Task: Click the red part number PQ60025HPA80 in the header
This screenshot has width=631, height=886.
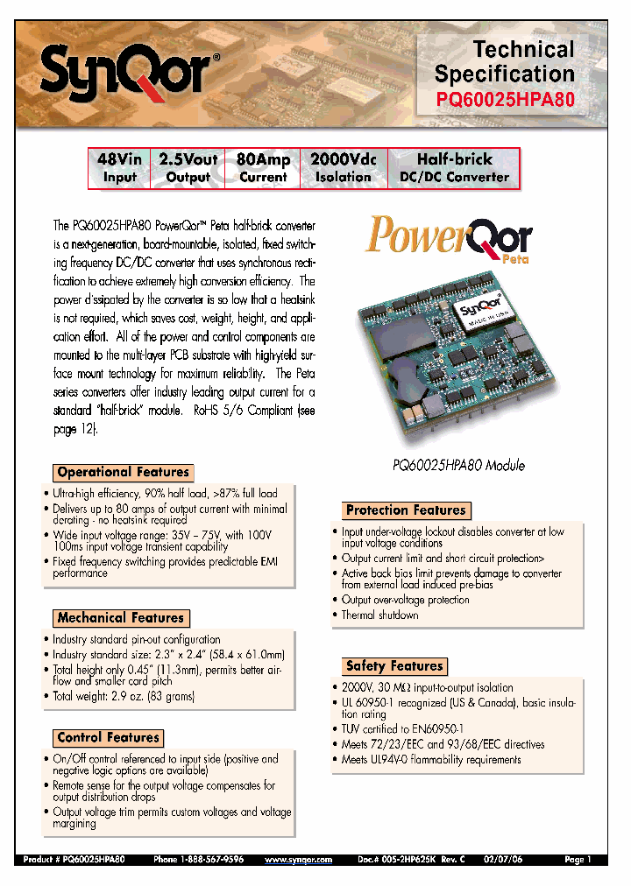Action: coord(505,99)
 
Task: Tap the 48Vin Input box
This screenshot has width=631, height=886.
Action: coord(120,168)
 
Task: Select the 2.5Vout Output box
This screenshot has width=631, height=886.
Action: coord(188,168)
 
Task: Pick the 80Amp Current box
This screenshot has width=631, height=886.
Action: coord(263,168)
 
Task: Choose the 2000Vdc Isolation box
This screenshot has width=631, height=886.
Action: coord(344,168)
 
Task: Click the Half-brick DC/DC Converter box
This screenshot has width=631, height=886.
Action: coord(454,168)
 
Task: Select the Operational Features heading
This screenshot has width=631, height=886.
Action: coord(123,472)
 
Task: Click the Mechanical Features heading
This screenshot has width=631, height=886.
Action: coord(120,618)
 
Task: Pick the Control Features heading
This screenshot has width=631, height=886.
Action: coord(109,738)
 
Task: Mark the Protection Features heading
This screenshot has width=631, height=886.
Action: coord(406,510)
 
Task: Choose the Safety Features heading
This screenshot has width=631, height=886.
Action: coord(394,666)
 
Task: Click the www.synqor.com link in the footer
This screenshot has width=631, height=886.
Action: coord(299,861)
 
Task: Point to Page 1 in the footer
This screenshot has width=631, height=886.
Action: coord(578,861)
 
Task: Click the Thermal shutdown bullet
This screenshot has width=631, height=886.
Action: coord(379,615)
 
